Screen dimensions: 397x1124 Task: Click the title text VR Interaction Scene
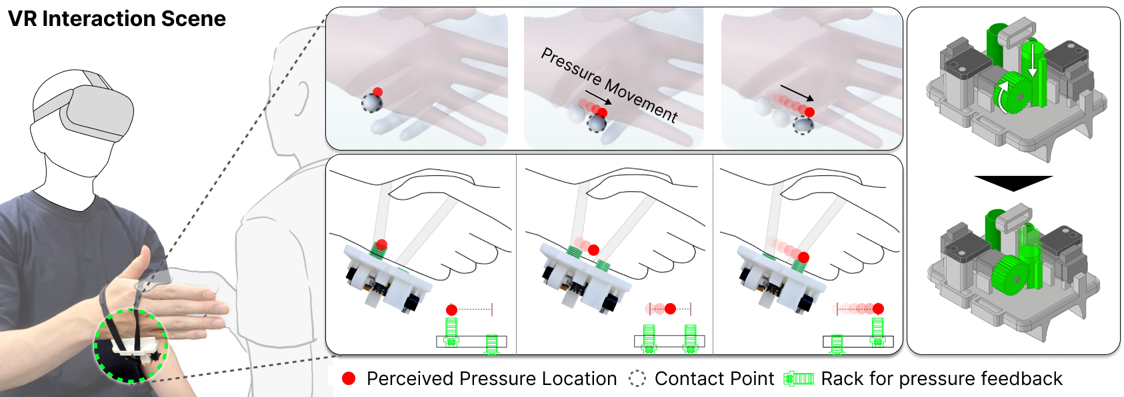click(x=117, y=19)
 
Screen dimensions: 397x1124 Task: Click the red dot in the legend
click(x=349, y=378)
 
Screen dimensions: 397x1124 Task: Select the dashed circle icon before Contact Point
click(x=637, y=378)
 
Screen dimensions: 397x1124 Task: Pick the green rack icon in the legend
click(x=799, y=378)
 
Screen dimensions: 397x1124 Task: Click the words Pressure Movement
click(x=609, y=85)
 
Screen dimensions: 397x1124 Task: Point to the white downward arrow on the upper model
click(x=1032, y=60)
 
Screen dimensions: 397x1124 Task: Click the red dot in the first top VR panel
click(x=377, y=92)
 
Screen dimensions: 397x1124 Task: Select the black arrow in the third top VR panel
click(x=797, y=92)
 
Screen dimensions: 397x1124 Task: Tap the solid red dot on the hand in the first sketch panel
click(x=381, y=244)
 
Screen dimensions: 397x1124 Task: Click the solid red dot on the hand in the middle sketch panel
click(x=593, y=250)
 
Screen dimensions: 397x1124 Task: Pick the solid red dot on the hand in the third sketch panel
click(x=803, y=257)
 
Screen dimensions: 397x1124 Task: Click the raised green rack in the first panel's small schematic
click(x=451, y=330)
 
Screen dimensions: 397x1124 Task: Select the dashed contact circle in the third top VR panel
click(x=803, y=125)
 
